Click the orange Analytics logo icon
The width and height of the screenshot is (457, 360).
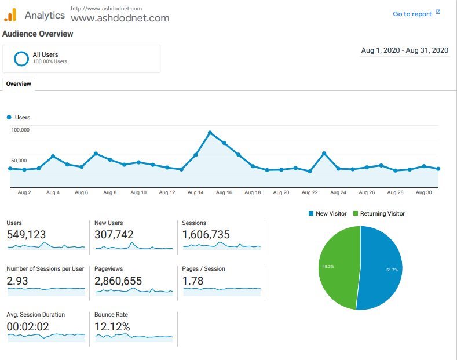click(10, 15)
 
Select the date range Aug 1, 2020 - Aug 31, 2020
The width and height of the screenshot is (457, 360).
click(405, 50)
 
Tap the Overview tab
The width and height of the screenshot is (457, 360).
click(19, 84)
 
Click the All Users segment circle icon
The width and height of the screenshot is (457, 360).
click(21, 59)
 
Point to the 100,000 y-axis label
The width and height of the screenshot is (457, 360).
click(20, 130)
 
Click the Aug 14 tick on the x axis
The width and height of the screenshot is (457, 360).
click(196, 192)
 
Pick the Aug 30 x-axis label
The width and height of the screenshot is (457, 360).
click(424, 192)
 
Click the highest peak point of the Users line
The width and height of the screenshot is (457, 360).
click(210, 133)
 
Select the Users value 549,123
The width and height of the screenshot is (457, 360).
click(26, 235)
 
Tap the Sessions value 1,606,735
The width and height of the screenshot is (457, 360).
click(206, 235)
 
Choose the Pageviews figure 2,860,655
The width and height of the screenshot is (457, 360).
click(118, 281)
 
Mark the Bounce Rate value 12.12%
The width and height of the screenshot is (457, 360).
click(112, 327)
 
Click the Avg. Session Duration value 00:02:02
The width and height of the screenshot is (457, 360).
click(28, 327)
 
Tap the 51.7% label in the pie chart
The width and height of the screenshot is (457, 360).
click(392, 270)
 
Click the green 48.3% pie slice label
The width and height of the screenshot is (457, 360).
click(328, 266)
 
